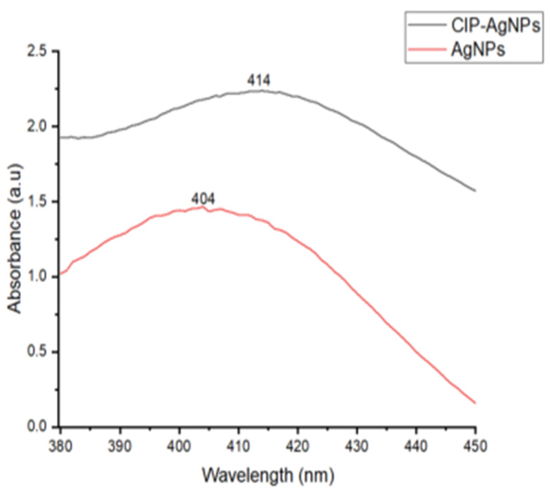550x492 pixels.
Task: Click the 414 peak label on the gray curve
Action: point(259,81)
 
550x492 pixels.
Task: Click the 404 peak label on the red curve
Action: point(203,199)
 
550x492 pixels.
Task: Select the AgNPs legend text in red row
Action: point(478,50)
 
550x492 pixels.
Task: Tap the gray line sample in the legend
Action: point(426,25)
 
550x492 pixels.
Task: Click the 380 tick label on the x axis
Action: point(60,446)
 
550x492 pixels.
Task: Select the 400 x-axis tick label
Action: point(179,446)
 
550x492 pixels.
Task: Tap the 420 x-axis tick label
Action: point(298,446)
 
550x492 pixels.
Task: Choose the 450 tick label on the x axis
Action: point(476,446)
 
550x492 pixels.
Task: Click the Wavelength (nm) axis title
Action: point(268,476)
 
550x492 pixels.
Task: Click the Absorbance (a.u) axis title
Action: point(15,238)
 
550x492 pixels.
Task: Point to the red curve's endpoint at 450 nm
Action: point(475,403)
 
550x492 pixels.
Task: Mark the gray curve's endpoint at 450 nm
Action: point(475,190)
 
